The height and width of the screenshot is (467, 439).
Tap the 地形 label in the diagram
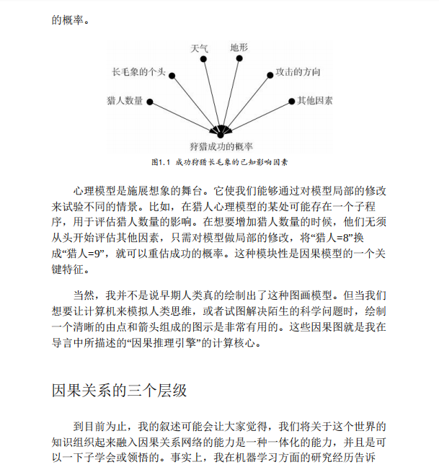tap(239, 48)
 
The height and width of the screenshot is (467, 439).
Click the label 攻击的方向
tap(298, 73)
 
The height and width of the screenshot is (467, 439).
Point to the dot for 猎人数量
tap(149, 102)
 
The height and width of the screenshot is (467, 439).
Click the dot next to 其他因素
tap(291, 102)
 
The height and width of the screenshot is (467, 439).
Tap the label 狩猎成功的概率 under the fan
tap(221, 146)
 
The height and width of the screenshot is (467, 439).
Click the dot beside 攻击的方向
tap(270, 73)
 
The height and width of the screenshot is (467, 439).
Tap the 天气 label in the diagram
tap(199, 49)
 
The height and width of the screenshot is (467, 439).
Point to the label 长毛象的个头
tap(139, 73)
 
